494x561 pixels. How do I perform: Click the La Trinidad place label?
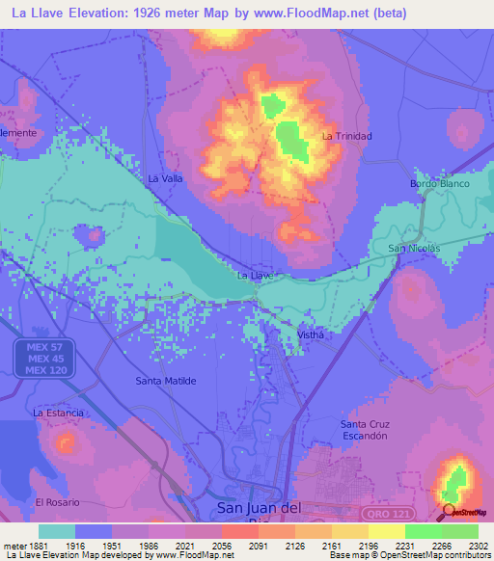click(x=346, y=136)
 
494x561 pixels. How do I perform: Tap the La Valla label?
click(x=165, y=178)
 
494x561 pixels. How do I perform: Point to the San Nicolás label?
click(x=414, y=249)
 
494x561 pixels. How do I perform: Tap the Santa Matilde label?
click(x=166, y=381)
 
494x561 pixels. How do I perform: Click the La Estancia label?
click(x=58, y=413)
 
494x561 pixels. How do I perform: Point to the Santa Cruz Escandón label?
click(x=364, y=429)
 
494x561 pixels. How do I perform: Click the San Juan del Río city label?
click(x=263, y=510)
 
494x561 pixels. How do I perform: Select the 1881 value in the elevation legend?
click(x=35, y=547)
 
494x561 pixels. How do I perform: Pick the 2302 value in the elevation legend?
click(x=477, y=547)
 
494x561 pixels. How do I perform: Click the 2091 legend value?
click(x=256, y=547)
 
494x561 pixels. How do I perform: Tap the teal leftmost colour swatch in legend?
click(x=57, y=531)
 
